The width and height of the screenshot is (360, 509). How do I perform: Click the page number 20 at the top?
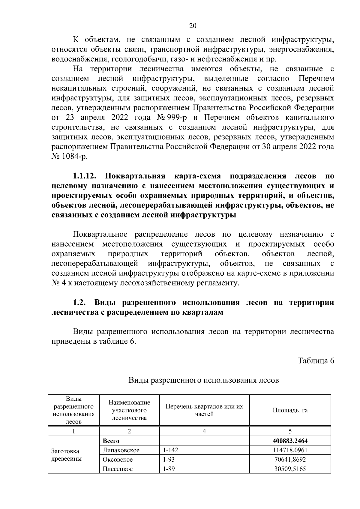click(x=193, y=26)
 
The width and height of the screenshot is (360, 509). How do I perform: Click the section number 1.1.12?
click(x=88, y=176)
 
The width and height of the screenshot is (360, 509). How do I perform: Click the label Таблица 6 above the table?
click(x=316, y=361)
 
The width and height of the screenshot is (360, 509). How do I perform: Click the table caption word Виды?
click(x=139, y=381)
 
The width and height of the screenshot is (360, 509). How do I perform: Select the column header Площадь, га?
click(x=290, y=410)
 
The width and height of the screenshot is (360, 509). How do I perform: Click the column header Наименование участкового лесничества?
click(x=129, y=410)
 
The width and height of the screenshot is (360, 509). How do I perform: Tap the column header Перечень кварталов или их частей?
click(x=204, y=410)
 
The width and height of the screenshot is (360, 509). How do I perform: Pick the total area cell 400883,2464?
click(x=290, y=441)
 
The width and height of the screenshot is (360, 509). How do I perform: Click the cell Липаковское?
click(x=121, y=450)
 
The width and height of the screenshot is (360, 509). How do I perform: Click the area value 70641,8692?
click(x=290, y=460)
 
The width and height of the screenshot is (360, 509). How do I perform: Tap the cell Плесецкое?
click(x=118, y=469)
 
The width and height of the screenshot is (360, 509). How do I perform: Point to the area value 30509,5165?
click(x=290, y=469)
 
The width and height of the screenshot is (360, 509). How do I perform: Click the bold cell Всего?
click(x=111, y=441)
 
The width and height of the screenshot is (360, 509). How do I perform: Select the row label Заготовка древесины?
click(x=65, y=455)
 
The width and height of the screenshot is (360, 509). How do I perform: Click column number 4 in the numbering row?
click(x=204, y=431)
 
